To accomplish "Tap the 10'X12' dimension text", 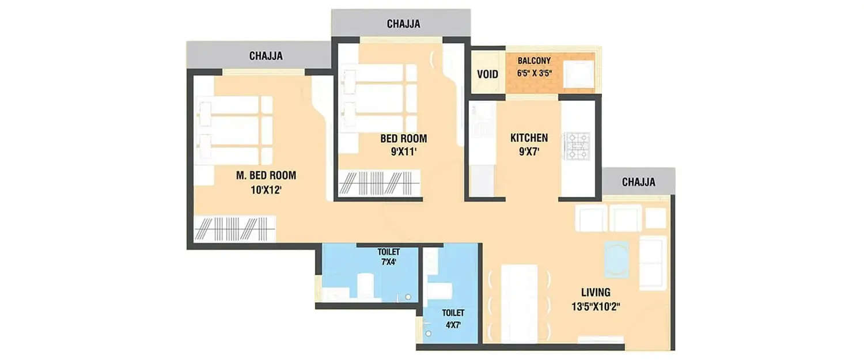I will (266, 189).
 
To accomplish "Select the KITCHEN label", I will (529, 138).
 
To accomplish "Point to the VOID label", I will (487, 74).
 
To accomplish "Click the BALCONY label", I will (534, 60).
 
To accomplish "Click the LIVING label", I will (596, 292).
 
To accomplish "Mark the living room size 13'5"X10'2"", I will (596, 306).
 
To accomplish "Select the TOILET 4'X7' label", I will (453, 318).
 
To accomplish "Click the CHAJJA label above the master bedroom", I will (266, 56).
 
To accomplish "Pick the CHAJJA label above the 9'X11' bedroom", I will (403, 24).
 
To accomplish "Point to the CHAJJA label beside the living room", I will (638, 182).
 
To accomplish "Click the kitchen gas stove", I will (577, 146).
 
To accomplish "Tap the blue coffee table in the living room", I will (617, 259).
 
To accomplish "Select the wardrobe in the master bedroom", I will (235, 229).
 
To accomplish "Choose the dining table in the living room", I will (519, 303).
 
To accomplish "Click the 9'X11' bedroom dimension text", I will (403, 152).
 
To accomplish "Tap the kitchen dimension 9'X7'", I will (529, 153).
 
